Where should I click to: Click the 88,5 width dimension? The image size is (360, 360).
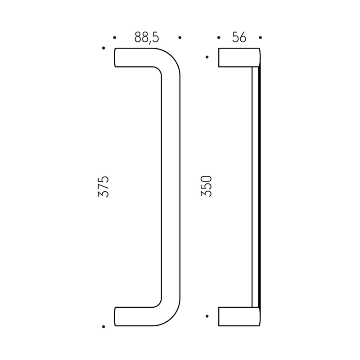tap(147, 37)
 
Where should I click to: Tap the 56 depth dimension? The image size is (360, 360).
tap(239, 37)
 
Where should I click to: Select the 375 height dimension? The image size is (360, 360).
tap(103, 186)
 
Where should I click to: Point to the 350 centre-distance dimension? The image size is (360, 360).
tap(206, 186)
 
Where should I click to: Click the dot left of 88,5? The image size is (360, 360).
tap(115, 37)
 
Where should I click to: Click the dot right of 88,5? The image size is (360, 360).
tap(180, 37)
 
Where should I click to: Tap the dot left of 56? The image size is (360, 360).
tap(219, 37)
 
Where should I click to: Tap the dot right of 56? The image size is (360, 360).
tap(260, 37)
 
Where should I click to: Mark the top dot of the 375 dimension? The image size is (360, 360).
tap(103, 48)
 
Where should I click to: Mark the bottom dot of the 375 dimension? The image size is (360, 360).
tap(103, 327)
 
